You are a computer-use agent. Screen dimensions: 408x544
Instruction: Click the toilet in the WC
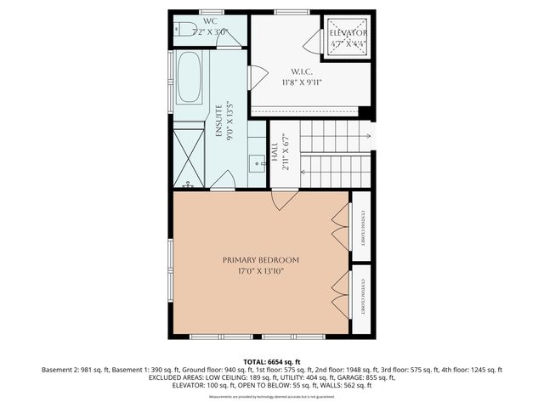(181, 31)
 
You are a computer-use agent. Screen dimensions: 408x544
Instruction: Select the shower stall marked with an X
(189, 156)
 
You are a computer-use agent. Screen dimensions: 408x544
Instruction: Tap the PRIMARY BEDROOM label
(261, 260)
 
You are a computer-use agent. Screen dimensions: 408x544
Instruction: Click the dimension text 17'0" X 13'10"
(261, 271)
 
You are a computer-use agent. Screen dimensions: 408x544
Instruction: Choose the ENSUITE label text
(218, 122)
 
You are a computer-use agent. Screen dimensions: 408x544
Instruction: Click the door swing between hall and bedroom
(284, 200)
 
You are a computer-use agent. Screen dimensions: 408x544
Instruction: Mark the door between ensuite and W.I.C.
(252, 78)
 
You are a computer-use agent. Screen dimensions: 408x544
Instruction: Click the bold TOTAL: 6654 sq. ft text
(272, 361)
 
